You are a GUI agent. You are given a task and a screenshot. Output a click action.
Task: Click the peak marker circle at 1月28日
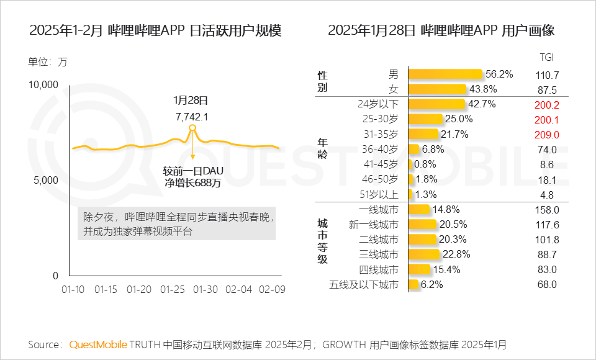point(192,128)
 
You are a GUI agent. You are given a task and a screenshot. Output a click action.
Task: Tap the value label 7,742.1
point(192,116)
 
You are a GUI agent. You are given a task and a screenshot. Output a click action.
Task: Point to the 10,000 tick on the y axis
point(43,84)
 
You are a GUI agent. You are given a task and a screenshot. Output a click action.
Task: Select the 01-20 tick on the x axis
point(138,290)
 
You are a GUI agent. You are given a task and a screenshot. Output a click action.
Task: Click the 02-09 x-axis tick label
point(271,290)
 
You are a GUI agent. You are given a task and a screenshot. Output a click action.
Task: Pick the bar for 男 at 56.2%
point(445,74)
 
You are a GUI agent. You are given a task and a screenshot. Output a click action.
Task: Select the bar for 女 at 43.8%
point(436,89)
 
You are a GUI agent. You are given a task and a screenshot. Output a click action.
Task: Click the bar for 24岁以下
point(436,104)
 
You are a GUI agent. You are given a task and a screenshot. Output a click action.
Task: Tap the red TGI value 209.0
point(546,134)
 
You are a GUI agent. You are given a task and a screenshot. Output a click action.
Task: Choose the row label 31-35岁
point(380,134)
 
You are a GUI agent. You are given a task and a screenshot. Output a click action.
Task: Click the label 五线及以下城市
point(364,285)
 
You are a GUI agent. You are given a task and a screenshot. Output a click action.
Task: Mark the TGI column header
point(546,57)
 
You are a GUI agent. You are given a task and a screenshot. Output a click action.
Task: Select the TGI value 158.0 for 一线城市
point(546,210)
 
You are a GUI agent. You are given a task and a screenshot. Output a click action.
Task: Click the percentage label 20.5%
point(453,225)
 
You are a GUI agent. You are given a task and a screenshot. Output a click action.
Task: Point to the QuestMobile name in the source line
point(98,344)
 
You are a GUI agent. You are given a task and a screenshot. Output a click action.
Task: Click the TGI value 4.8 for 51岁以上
point(546,194)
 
